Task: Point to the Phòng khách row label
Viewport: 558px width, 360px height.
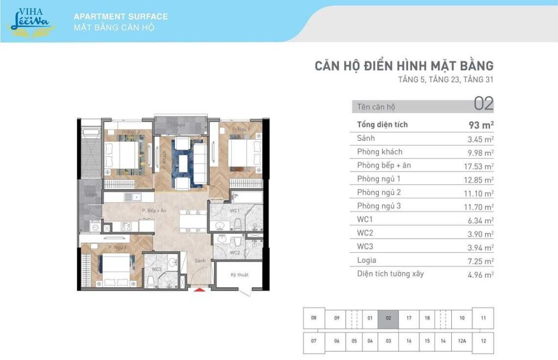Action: pos(380,151)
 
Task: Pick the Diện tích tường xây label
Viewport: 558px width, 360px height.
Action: pos(390,273)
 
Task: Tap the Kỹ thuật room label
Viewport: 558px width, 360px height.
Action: pos(239,275)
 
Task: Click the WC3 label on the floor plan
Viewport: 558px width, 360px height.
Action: pos(156,269)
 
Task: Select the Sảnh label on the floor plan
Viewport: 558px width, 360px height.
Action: pos(201,261)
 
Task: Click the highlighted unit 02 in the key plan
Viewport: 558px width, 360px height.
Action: pos(388,318)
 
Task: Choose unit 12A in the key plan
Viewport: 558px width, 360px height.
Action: pos(462,341)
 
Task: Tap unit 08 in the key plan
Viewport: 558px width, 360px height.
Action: pos(313,318)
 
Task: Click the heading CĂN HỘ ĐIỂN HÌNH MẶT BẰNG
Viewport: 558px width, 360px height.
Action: pos(404,66)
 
